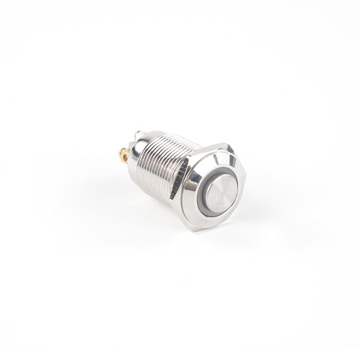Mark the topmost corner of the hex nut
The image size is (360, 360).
pyautogui.click(x=227, y=143)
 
